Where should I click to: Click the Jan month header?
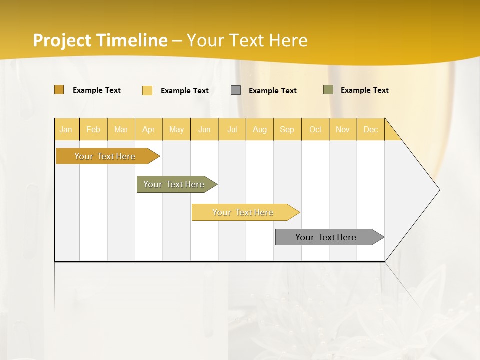click(x=66, y=129)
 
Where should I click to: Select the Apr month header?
click(x=149, y=129)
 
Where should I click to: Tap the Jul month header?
click(x=232, y=129)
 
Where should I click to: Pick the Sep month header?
click(x=287, y=129)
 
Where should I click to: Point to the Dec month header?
click(x=370, y=129)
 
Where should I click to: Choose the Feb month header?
click(x=93, y=129)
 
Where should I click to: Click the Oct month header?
click(x=315, y=129)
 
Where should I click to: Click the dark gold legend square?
click(x=59, y=90)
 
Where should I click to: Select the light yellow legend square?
click(x=147, y=90)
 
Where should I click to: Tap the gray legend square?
click(x=236, y=90)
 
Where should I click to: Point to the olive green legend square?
click(x=328, y=90)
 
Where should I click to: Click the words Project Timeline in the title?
click(x=100, y=40)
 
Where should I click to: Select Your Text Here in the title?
click(x=247, y=40)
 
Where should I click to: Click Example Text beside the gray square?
click(x=272, y=91)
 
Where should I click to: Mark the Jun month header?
click(x=204, y=129)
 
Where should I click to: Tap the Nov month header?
click(x=342, y=129)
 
